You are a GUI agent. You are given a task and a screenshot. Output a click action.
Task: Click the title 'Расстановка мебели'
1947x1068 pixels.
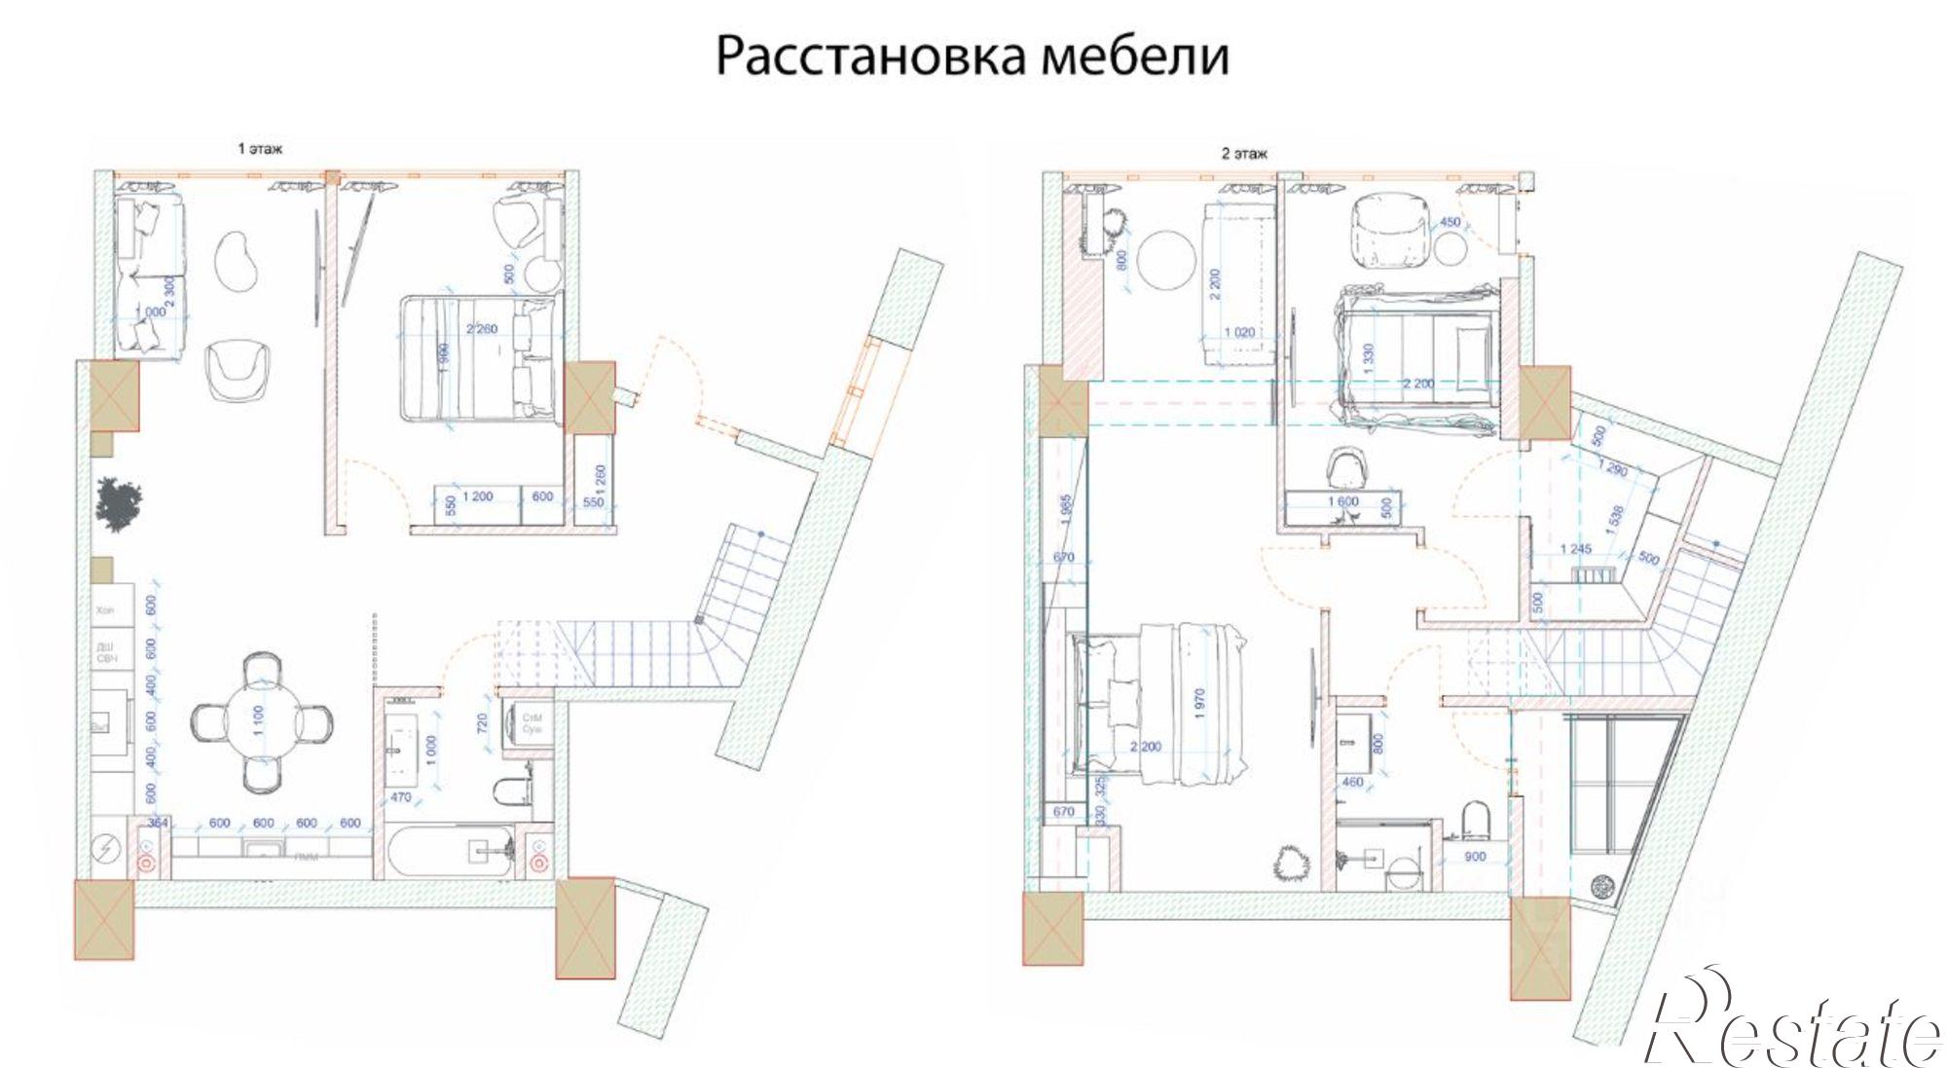[x=972, y=55]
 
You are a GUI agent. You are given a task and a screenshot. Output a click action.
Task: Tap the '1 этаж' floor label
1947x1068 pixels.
[x=260, y=149]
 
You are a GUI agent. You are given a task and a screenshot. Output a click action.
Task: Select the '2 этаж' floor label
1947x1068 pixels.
[x=1244, y=153]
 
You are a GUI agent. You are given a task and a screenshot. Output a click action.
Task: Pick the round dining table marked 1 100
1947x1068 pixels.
[x=261, y=721]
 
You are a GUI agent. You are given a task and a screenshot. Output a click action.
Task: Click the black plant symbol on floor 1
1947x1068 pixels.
[x=119, y=503]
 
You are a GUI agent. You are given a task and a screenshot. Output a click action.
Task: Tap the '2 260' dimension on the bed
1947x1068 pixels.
[x=481, y=329]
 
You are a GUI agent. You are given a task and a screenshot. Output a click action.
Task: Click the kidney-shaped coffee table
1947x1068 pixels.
[x=237, y=260]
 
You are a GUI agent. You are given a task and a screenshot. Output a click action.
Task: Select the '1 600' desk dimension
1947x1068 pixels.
[x=1343, y=501]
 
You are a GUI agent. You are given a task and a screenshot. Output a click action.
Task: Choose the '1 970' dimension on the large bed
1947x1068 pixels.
[x=1199, y=703]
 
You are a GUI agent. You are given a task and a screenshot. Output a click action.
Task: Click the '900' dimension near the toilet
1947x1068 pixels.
[x=1475, y=857]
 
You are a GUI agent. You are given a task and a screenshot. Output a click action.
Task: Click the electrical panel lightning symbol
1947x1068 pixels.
[x=105, y=850]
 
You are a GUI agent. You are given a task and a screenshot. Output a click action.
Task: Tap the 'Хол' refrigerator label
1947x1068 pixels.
[x=105, y=610]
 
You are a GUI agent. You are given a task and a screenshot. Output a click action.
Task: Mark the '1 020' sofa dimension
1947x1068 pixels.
[x=1238, y=332]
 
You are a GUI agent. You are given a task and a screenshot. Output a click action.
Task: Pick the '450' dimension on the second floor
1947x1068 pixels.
[x=1450, y=222]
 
